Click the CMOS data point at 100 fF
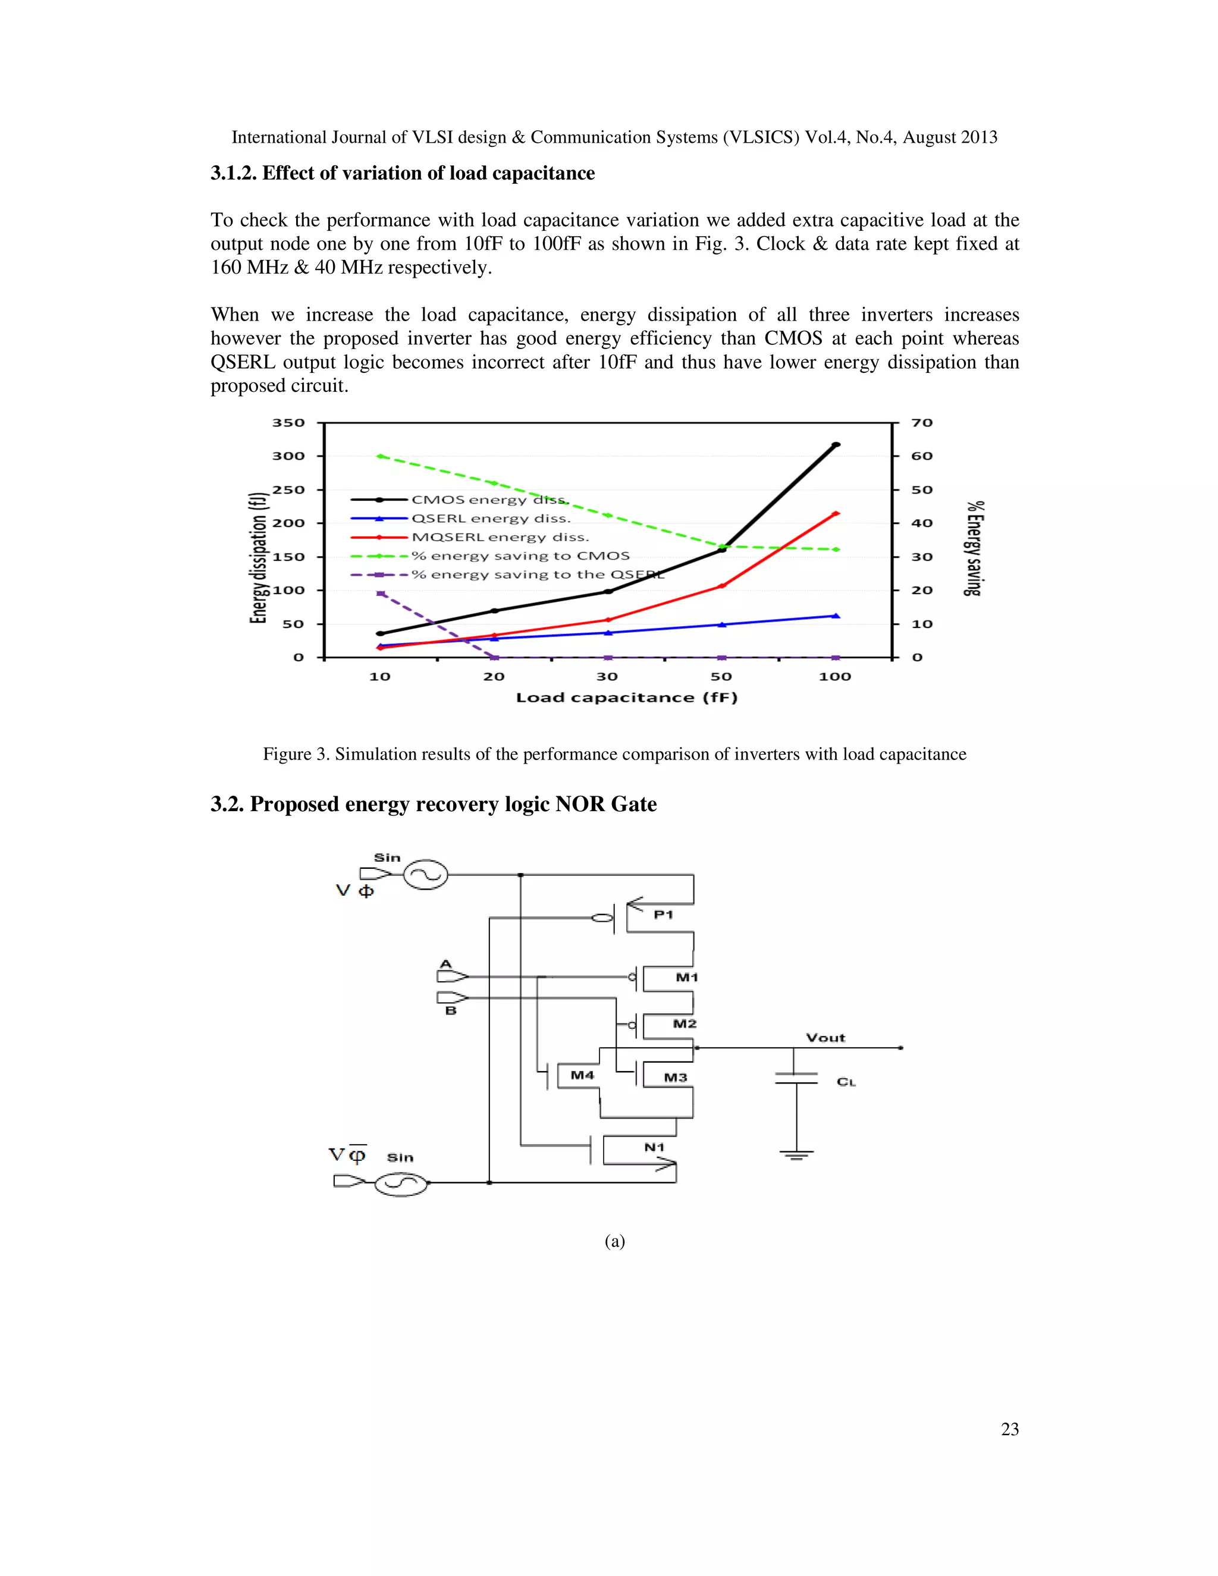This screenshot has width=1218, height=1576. coord(836,444)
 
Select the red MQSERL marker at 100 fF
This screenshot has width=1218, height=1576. coord(836,514)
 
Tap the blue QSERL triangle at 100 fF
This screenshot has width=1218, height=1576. coord(836,616)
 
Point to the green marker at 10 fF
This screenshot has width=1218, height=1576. coord(380,456)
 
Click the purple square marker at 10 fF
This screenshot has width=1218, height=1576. coord(380,593)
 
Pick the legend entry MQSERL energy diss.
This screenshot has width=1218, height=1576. coord(500,538)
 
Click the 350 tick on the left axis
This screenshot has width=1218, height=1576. coord(288,423)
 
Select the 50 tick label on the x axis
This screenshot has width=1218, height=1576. coord(721,677)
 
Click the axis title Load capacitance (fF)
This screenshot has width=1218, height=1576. coord(626,698)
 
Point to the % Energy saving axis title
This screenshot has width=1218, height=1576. coord(974,548)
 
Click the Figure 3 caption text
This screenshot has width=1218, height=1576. coord(614,754)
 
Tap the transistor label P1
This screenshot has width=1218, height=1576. coord(663,914)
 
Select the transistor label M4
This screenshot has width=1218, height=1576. coord(582,1075)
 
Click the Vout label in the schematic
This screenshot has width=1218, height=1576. coord(825,1038)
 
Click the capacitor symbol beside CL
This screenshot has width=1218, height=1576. coord(796,1078)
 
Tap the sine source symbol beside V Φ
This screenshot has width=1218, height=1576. coord(425,875)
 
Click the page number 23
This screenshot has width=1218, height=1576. coord(1009,1429)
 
